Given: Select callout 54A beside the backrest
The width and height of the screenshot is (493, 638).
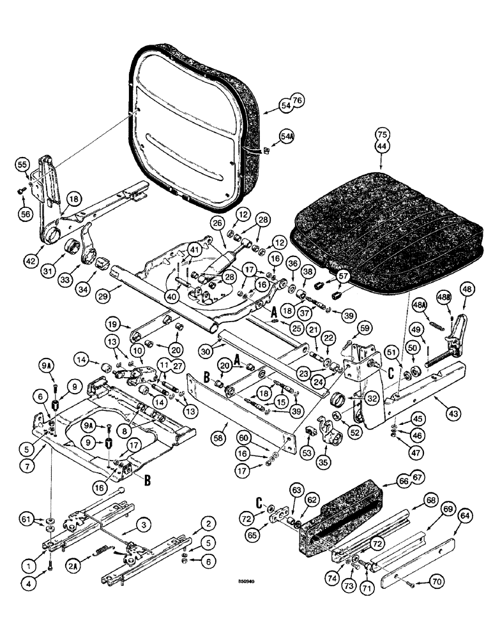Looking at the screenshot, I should pos(286,137).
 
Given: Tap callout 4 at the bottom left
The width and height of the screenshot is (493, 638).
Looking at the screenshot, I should pos(24,581).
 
